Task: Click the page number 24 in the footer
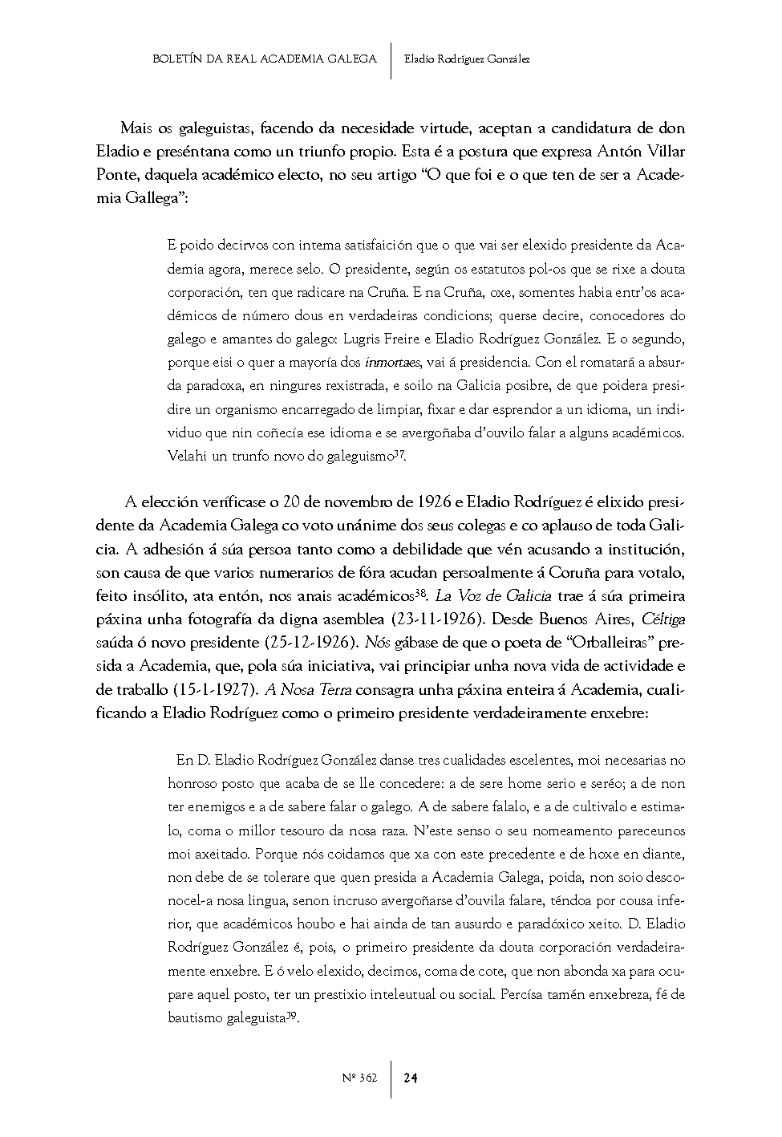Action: pos(410,1078)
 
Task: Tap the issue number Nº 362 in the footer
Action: pos(359,1078)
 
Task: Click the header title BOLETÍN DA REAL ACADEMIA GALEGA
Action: pos(264,59)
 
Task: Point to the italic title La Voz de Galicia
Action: pos(492,597)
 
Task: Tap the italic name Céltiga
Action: pos(660,620)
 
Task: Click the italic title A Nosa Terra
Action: pos(308,690)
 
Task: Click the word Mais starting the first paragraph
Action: pos(136,128)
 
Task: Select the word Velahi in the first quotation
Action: pos(188,456)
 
